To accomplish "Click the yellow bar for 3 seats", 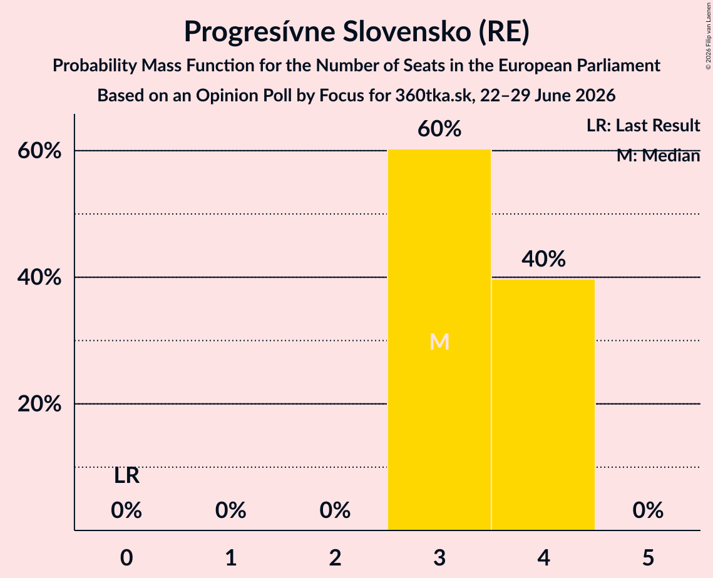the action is [439, 340].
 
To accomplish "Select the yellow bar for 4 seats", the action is [543, 405].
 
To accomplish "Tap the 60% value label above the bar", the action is [439, 129].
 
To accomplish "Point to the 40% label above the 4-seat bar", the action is [543, 259].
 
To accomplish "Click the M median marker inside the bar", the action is [439, 342].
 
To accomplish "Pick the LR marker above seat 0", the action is [126, 476].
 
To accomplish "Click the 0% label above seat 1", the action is [230, 510].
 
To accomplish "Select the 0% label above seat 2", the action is [335, 510].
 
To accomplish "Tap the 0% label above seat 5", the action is [648, 510].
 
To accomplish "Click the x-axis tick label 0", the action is [126, 557].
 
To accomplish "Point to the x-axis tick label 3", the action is [439, 557].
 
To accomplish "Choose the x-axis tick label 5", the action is [648, 557].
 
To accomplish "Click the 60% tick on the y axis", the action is [39, 150].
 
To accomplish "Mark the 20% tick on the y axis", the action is [39, 403].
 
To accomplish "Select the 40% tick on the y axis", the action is [39, 277].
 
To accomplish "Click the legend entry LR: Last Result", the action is [643, 125].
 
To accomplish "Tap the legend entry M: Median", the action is [658, 156].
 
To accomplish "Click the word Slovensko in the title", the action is [406, 31].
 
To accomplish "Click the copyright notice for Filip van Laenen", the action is [708, 36].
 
